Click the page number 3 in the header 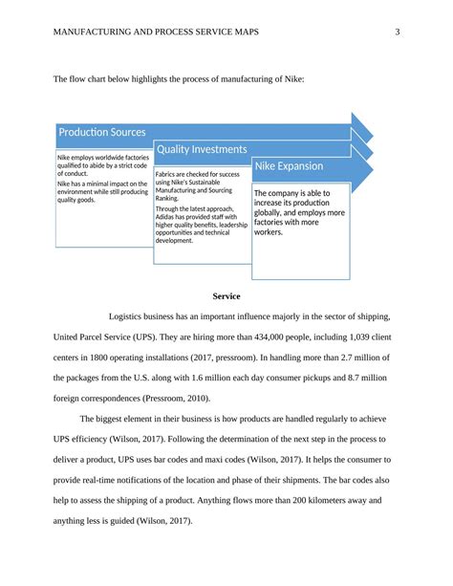point(396,34)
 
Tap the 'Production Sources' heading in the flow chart point(102,132)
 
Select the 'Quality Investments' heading point(202,149)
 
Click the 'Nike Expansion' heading point(289,166)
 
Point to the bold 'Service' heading point(226,296)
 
